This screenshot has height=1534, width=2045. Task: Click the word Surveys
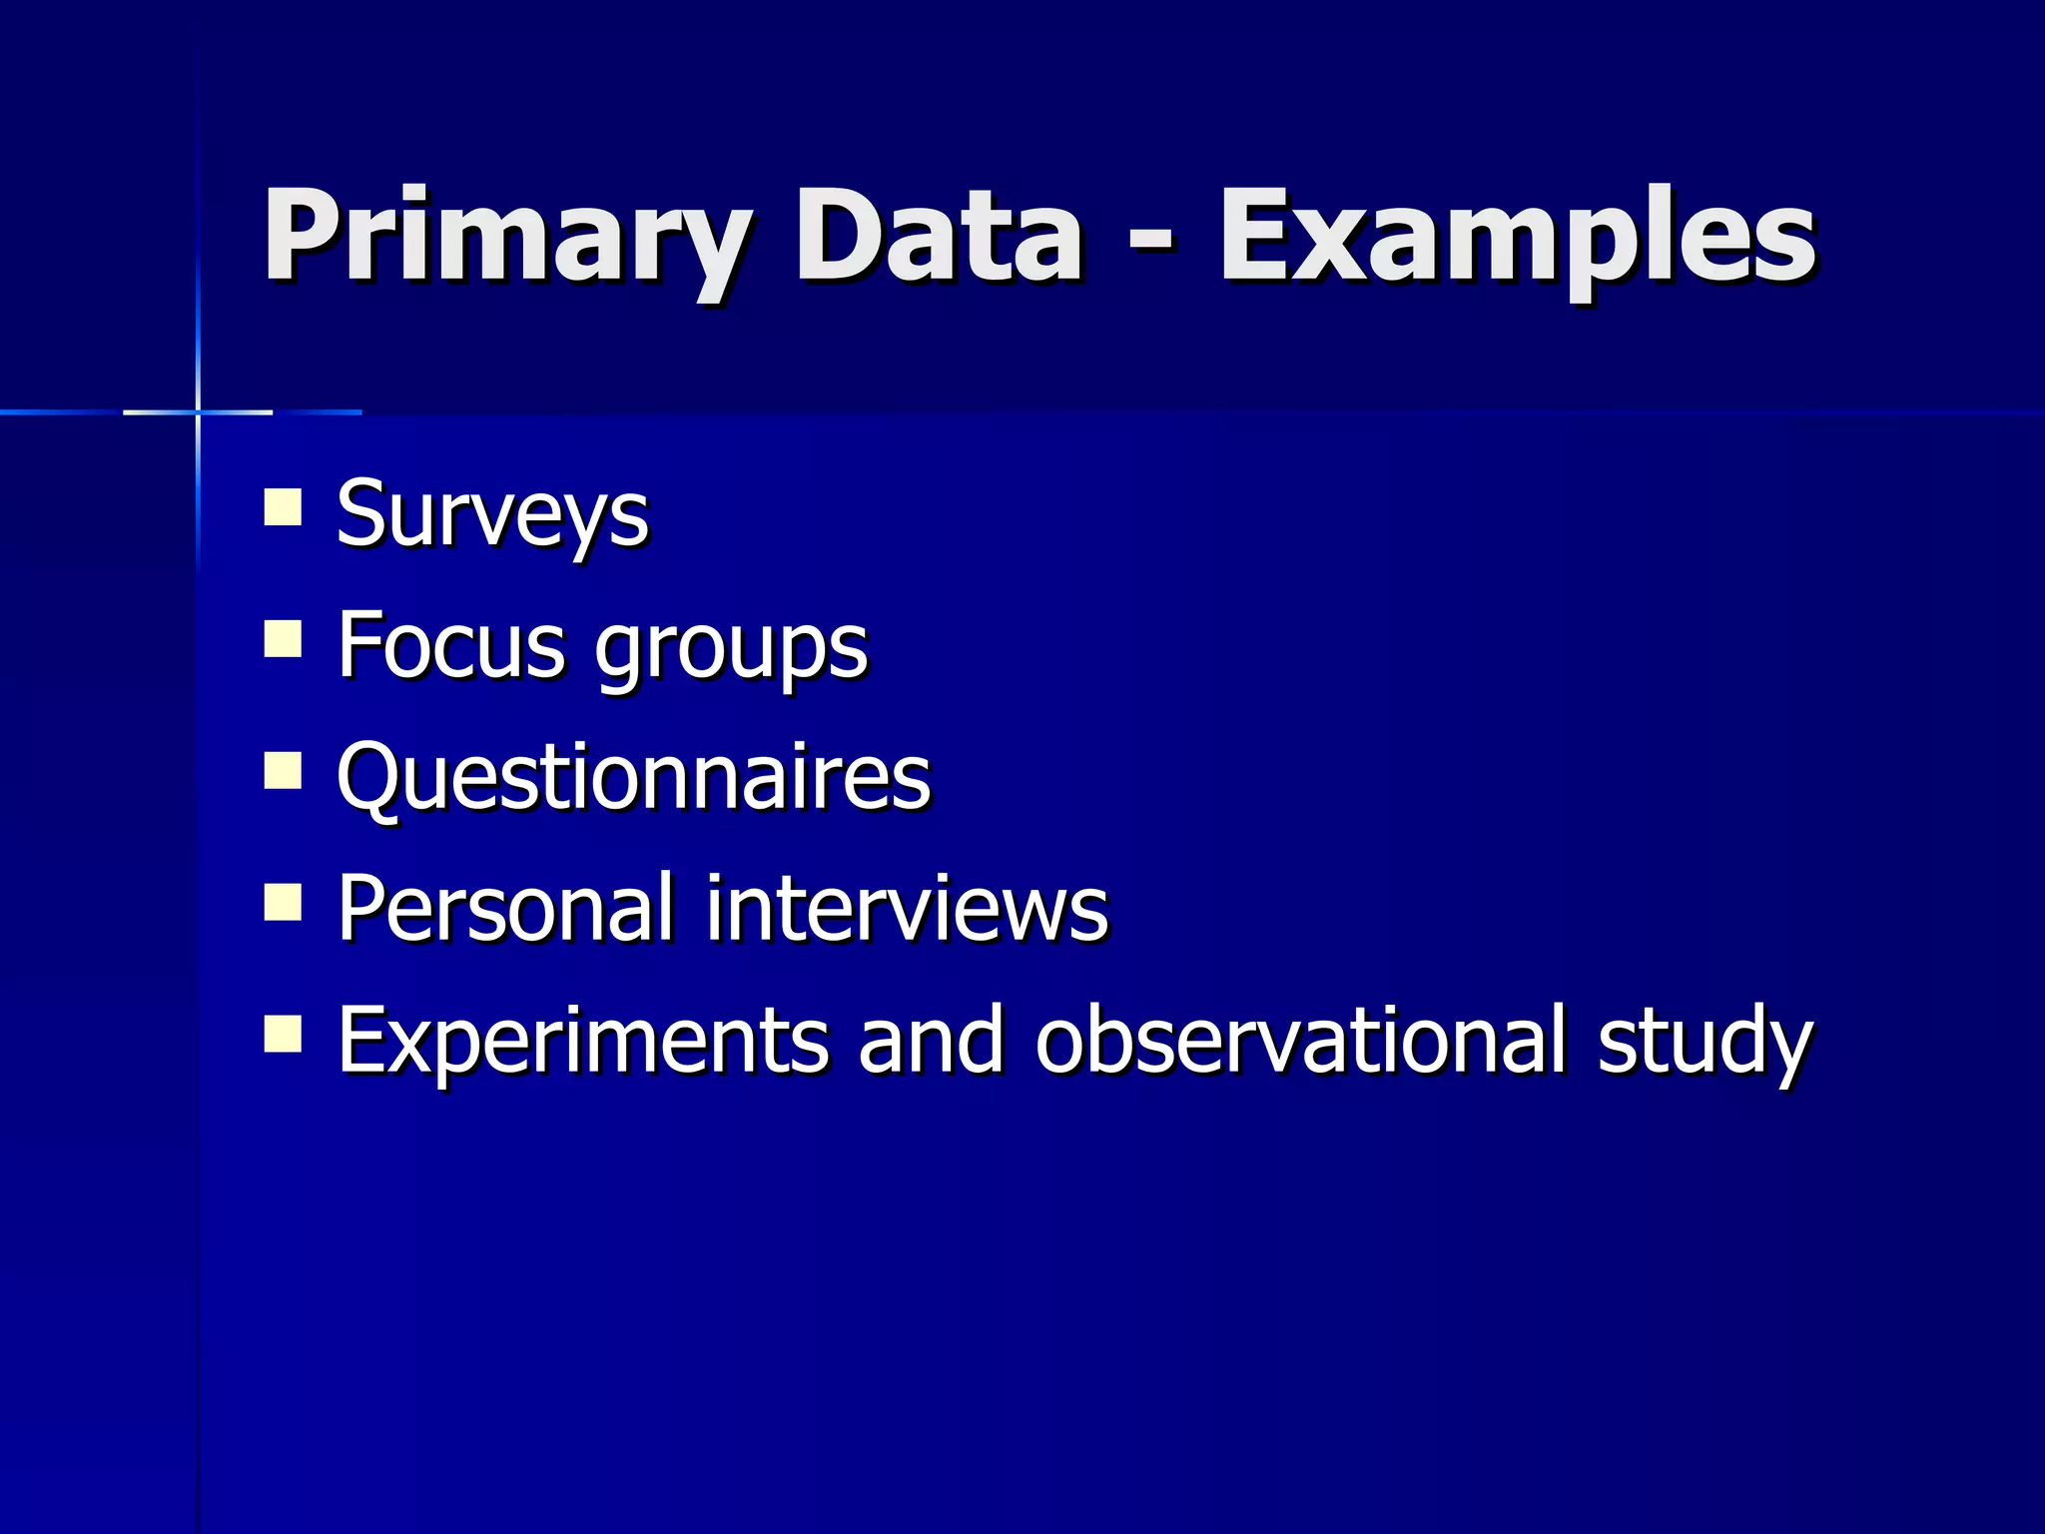(492, 515)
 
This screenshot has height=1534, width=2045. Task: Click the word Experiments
(582, 1041)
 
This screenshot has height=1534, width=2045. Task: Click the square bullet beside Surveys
(283, 506)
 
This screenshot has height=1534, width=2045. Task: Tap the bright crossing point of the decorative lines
(198, 411)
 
